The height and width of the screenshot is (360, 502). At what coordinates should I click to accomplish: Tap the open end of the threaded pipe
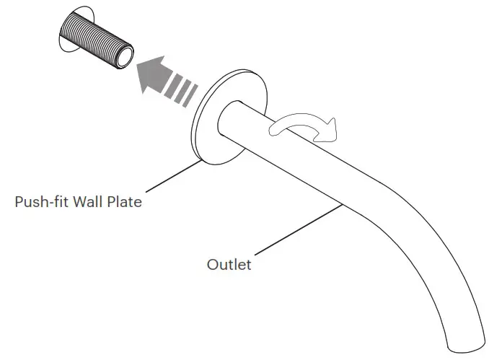point(125,56)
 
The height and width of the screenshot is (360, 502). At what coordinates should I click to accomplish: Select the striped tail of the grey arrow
point(182,93)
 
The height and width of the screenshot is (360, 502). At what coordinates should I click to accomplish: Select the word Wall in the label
point(87,202)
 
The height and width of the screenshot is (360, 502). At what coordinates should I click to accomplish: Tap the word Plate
point(124,202)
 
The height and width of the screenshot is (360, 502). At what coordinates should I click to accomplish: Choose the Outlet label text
point(229,265)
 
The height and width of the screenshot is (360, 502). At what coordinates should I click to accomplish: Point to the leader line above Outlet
point(296,231)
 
